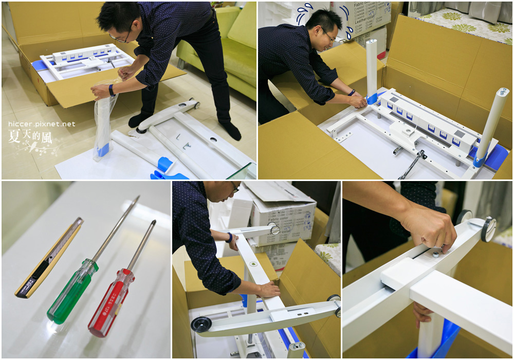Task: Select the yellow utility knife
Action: click(x=49, y=257)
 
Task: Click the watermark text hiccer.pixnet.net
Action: click(x=42, y=124)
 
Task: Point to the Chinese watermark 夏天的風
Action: click(x=30, y=136)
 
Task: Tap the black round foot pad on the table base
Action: click(x=200, y=324)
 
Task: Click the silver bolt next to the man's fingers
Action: click(x=435, y=254)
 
